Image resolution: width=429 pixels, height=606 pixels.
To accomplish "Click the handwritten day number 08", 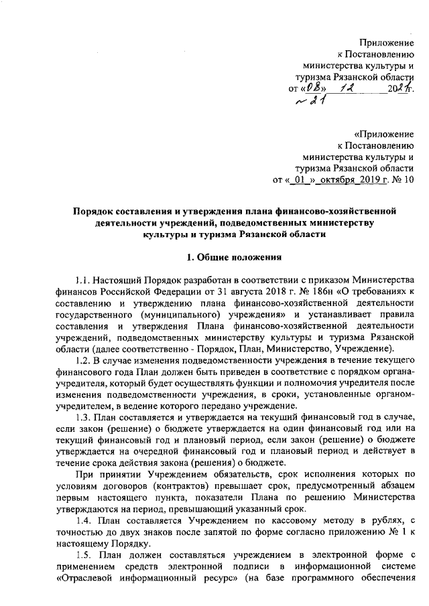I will click(311, 88).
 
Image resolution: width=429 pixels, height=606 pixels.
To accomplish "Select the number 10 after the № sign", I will click(409, 179).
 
